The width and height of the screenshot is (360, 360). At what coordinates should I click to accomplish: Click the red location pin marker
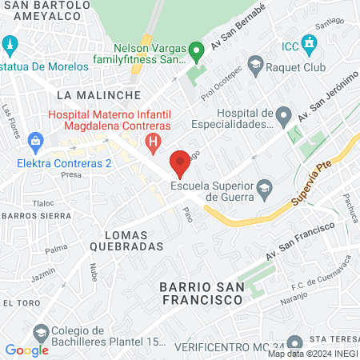tap(180, 162)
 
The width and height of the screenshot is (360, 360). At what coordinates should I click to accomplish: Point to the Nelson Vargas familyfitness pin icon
tap(197, 53)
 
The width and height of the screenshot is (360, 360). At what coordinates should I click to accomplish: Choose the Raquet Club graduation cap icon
tap(255, 64)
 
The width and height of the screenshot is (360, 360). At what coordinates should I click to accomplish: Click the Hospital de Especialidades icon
tap(283, 118)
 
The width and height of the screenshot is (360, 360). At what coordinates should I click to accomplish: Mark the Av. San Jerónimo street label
tap(327, 99)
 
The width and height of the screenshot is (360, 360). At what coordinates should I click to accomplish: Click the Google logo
tap(26, 350)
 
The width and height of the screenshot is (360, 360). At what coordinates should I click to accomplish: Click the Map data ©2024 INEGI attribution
tap(311, 354)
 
